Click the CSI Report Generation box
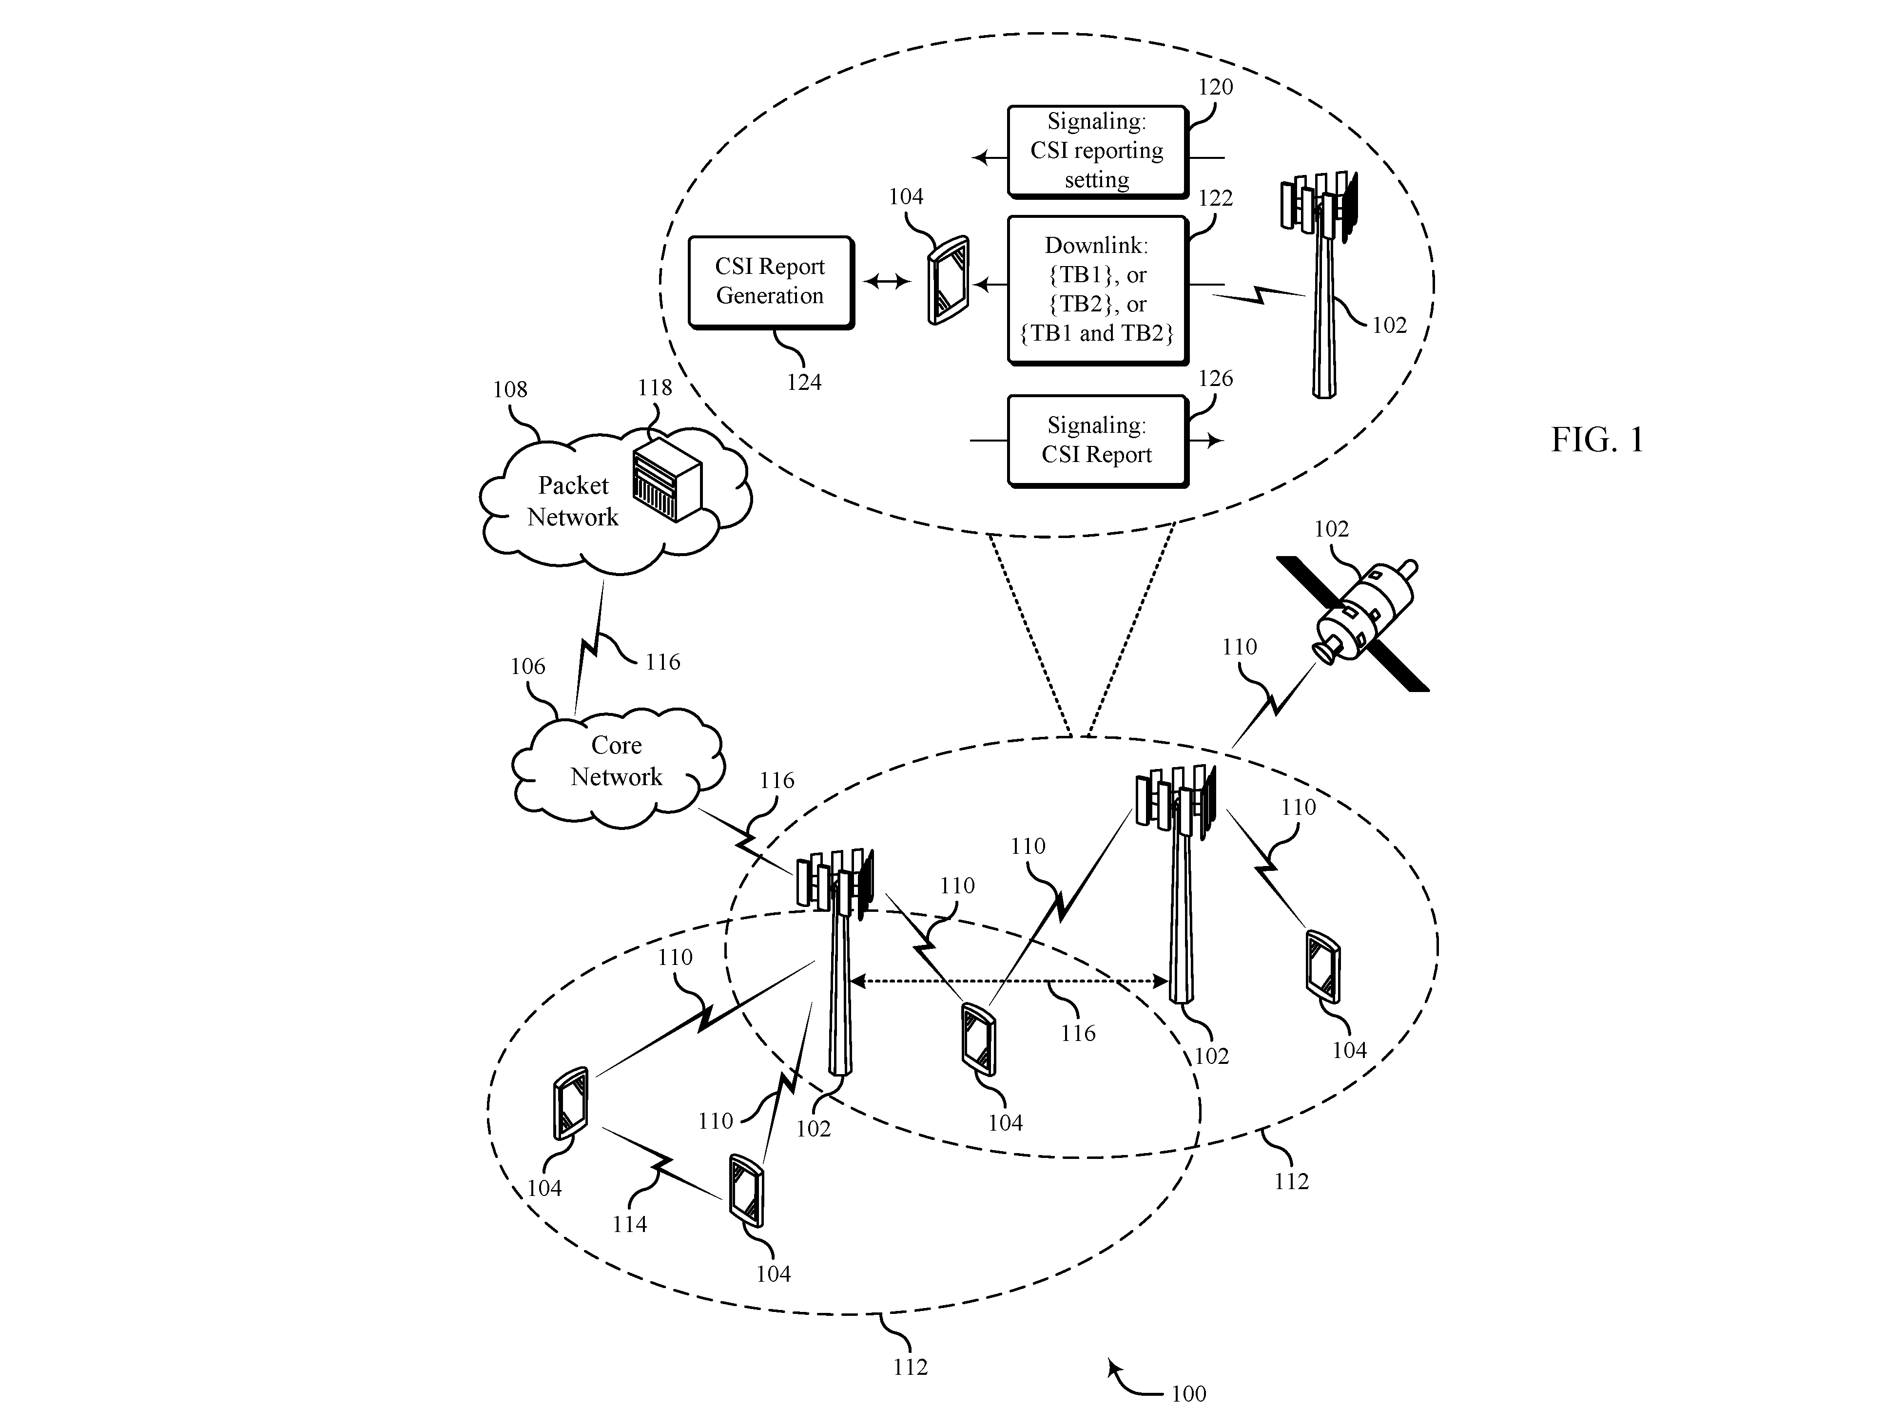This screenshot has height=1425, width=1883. tap(770, 283)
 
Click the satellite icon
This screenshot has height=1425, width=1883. tap(1354, 624)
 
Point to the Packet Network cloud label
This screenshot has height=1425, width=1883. tap(573, 501)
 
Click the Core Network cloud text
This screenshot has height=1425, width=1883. tap(616, 761)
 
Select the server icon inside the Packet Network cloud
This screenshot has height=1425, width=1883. tap(667, 481)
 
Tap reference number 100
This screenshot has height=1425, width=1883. tap(1188, 1393)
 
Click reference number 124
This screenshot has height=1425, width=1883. tap(804, 382)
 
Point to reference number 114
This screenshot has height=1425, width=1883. tap(629, 1224)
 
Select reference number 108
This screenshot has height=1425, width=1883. tap(510, 389)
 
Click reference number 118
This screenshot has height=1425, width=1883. tap(655, 387)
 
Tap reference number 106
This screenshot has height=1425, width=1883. tap(528, 666)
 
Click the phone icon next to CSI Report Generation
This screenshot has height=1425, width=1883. tap(948, 280)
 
